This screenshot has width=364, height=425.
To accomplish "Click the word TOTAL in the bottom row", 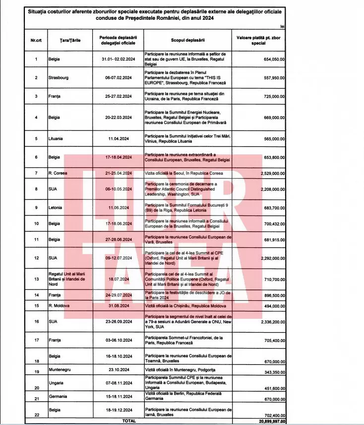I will coord(129,421).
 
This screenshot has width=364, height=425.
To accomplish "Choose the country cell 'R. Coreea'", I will coord(58,174).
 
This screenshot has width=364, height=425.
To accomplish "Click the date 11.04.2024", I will coord(119,140).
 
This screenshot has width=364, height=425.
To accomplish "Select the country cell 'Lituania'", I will coord(57,140).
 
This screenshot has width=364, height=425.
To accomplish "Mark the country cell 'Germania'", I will coord(60,398).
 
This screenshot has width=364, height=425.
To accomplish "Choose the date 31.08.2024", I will coord(119,304).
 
